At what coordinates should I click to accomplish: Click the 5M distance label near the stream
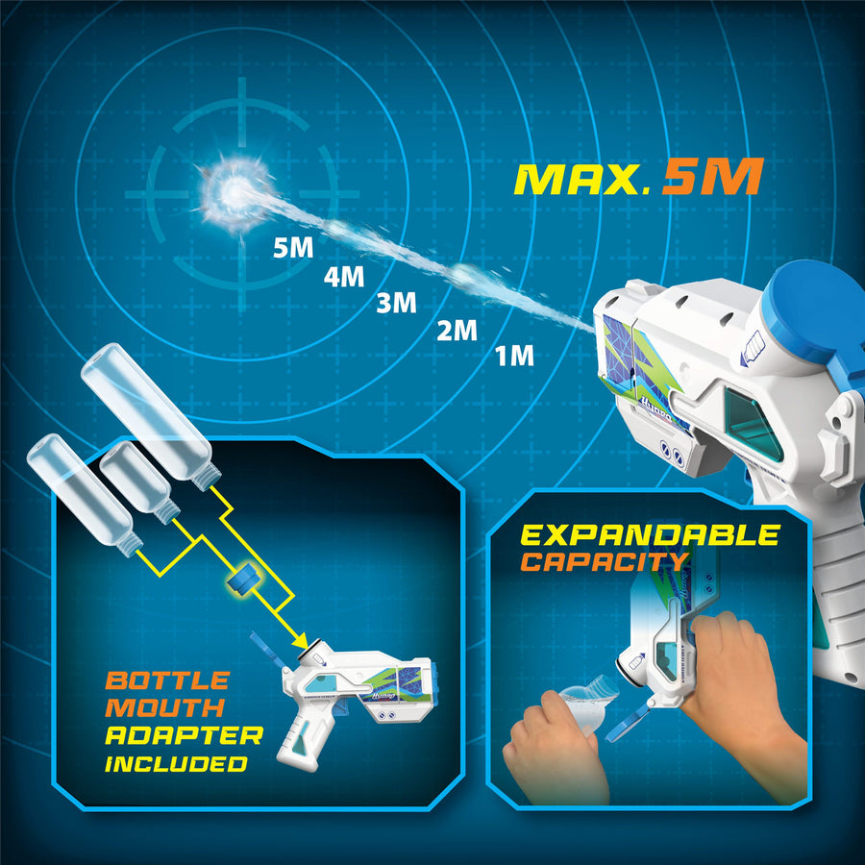293,248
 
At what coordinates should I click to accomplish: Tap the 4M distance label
344,277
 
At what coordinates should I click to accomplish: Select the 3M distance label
396,303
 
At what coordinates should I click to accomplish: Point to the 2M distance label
457,331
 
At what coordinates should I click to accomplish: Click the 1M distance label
514,356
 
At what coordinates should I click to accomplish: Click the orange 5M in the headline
713,177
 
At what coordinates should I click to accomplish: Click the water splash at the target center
235,191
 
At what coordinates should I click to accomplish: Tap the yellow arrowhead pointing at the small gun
300,640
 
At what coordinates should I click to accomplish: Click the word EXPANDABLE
651,535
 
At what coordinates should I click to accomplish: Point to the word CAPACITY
605,562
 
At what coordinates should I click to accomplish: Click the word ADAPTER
185,735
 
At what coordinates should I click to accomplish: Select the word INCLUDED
176,763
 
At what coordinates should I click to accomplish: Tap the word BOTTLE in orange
167,680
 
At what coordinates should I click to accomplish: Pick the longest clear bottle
151,416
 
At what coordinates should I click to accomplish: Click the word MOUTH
165,707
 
